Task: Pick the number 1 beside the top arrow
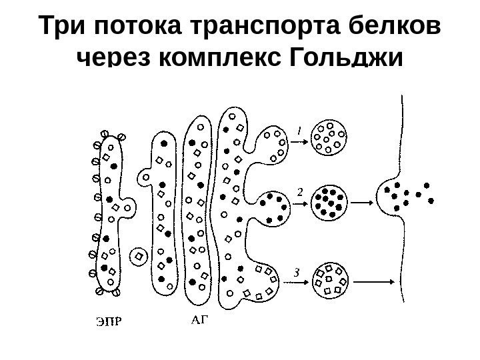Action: pos(299,132)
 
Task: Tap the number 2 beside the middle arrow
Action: pos(299,191)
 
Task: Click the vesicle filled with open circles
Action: pos(330,139)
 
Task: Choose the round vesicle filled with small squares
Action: pos(331,280)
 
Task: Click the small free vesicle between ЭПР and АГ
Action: pos(139,255)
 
